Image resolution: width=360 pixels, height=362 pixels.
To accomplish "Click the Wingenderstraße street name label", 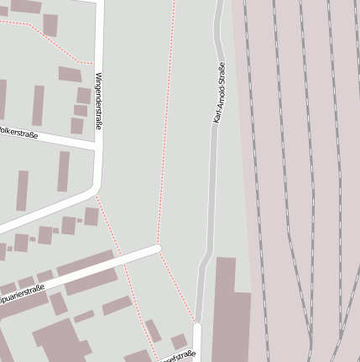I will pos(98,100).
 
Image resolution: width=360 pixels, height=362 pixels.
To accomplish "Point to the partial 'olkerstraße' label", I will pos(18,133).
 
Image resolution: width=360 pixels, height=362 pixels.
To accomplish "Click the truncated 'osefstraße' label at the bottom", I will pos(179,355).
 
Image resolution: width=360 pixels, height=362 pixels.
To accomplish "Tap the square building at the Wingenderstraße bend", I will pos(91,217).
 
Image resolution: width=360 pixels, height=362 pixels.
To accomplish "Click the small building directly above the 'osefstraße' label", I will pos(179,341).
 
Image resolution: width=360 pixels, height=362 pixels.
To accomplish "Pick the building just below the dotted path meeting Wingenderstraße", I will pos(70,74).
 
